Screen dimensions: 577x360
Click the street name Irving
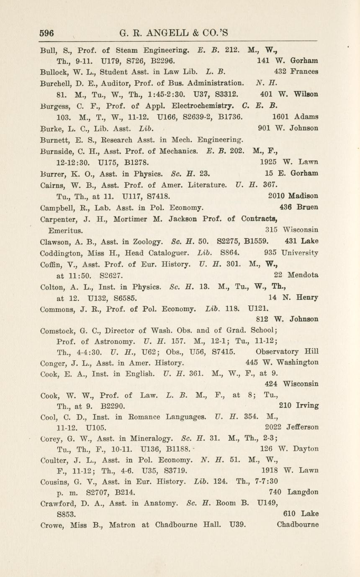(x=307, y=405)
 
